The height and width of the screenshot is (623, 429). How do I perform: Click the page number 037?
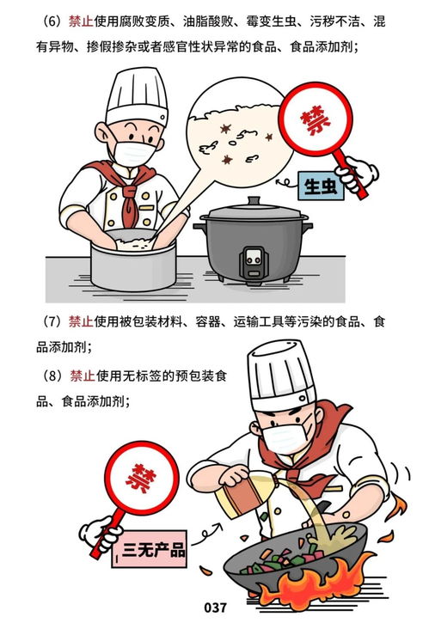click(216, 608)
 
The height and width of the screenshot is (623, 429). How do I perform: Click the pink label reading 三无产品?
click(156, 547)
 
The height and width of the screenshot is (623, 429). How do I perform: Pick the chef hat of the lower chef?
click(283, 375)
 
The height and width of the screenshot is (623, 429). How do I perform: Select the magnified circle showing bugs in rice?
click(231, 137)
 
